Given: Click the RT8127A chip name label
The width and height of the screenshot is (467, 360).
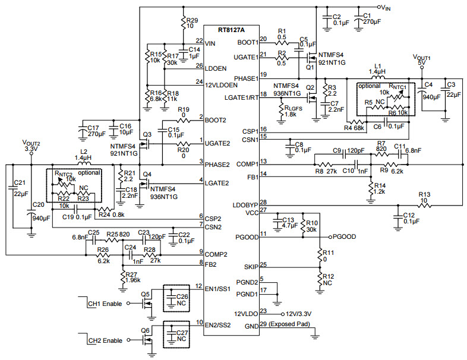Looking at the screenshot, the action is click(x=231, y=30).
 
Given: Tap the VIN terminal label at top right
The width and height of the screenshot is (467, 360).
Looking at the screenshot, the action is click(x=386, y=8).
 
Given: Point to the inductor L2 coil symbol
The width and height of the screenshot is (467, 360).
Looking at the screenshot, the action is click(x=84, y=163).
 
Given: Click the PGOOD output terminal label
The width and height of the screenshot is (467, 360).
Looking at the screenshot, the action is click(x=344, y=236).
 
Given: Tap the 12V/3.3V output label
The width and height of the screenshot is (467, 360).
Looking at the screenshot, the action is click(x=298, y=314).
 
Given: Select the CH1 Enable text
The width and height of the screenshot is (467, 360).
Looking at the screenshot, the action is click(x=105, y=304).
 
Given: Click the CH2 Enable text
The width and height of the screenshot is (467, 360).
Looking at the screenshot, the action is click(x=105, y=340).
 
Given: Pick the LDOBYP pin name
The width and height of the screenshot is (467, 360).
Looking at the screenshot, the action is click(x=245, y=206).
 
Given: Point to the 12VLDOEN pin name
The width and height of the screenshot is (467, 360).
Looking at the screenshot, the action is click(x=221, y=85).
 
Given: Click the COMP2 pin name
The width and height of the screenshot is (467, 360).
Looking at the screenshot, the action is click(x=216, y=255).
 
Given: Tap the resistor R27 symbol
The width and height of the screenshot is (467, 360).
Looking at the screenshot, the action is click(x=123, y=277).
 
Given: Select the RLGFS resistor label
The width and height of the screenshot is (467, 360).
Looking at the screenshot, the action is click(x=294, y=108).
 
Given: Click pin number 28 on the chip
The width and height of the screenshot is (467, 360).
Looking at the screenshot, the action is click(x=263, y=203).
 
